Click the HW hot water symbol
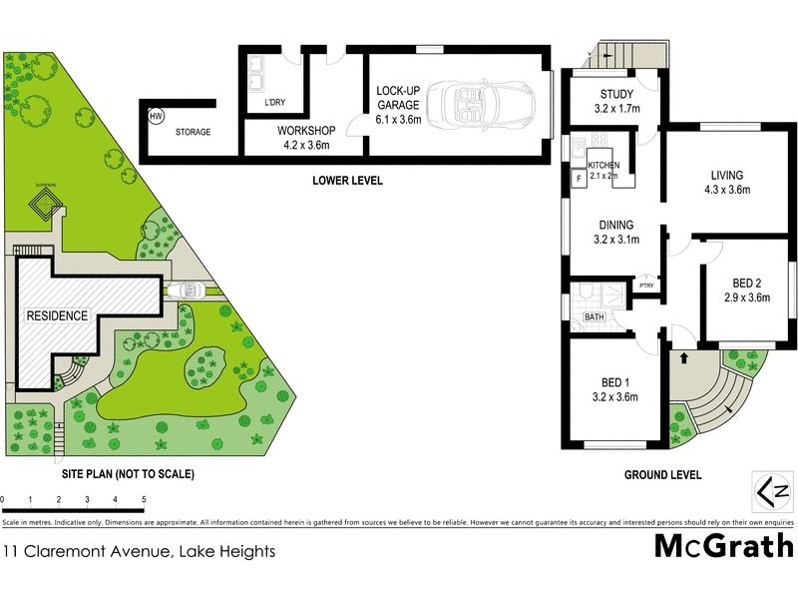[x=156, y=117]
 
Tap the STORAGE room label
[x=193, y=132]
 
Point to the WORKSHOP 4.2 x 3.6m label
[x=306, y=138]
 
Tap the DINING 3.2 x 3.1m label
[x=616, y=232]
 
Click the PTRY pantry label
[x=646, y=288]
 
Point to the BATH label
[x=595, y=317]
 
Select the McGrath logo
[x=724, y=545]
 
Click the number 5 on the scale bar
[x=145, y=498]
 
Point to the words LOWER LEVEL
[x=347, y=181]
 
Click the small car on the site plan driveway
[x=188, y=292]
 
